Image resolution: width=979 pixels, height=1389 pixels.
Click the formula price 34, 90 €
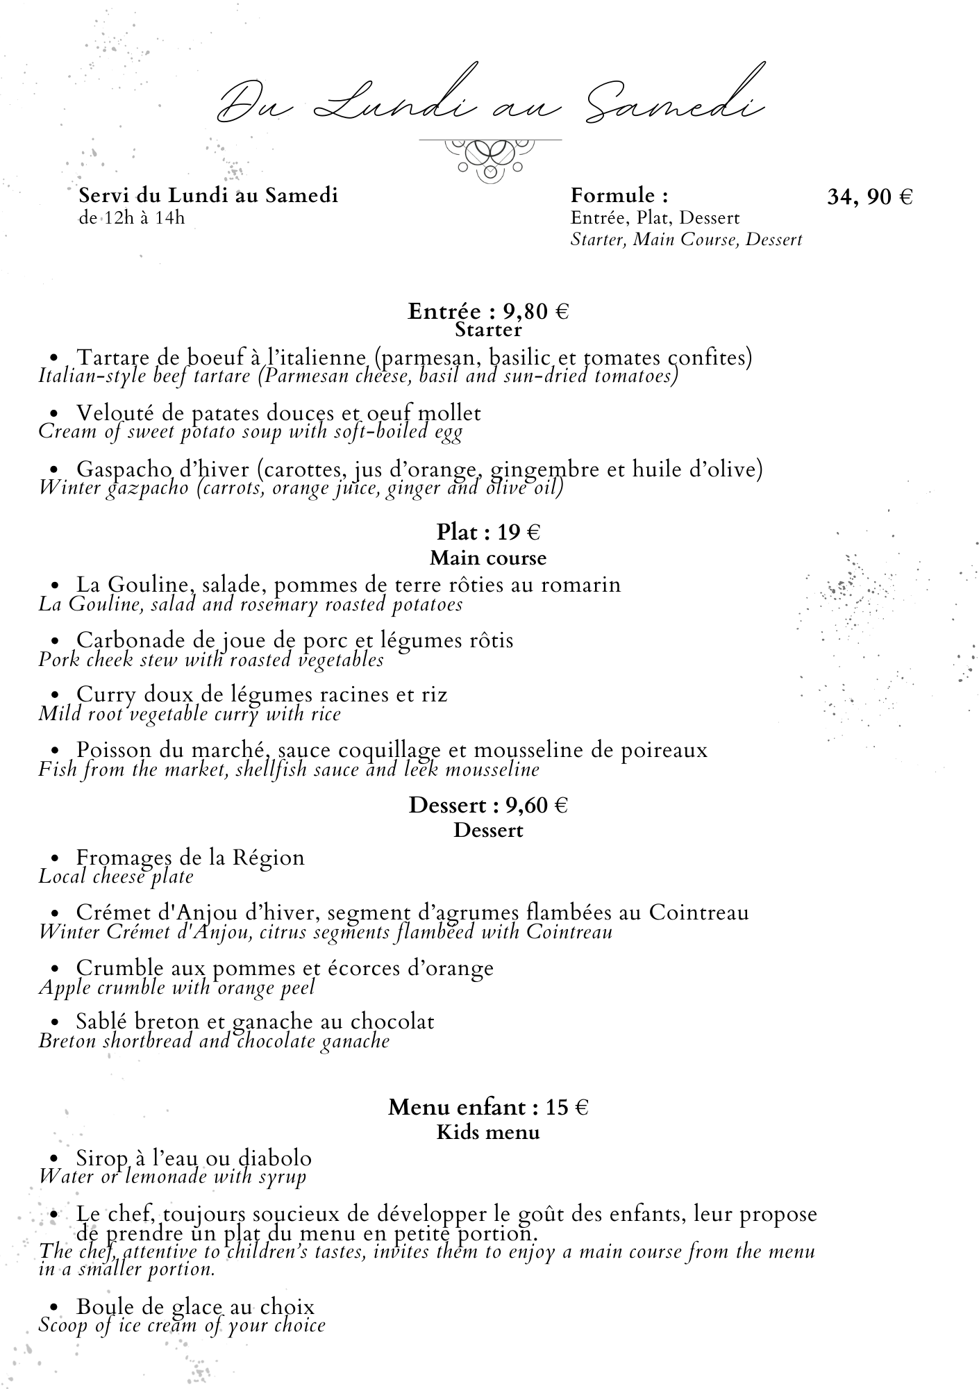[869, 197]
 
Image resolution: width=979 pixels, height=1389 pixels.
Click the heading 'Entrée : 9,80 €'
[488, 311]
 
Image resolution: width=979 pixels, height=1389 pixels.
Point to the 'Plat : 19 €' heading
[488, 533]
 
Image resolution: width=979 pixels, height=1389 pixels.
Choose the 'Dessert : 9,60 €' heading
[488, 806]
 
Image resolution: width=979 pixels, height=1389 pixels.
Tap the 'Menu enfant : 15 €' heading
[488, 1107]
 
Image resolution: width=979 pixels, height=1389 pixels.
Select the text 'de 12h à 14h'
[132, 218]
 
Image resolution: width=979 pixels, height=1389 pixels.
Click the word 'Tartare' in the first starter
[115, 358]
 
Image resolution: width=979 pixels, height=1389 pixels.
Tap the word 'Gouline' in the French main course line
[148, 585]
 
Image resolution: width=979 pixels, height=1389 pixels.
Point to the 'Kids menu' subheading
[488, 1133]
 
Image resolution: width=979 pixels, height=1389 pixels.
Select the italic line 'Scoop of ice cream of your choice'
[182, 1325]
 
